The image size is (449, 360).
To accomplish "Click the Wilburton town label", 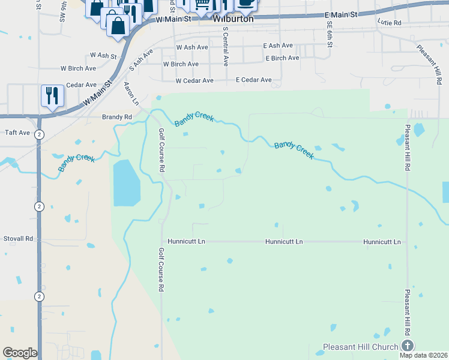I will tap(234, 19).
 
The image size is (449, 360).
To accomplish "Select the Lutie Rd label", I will tap(389, 22).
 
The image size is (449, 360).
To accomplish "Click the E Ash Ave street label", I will tap(278, 46).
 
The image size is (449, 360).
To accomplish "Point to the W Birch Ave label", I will tap(181, 64).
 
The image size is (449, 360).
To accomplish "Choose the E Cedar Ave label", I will tap(253, 80).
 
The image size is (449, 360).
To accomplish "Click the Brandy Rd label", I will tap(116, 117).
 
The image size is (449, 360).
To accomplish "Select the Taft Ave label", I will tap(17, 133).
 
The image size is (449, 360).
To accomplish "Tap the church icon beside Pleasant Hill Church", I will tap(408, 345).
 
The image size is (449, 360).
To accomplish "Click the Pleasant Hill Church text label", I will tap(360, 347).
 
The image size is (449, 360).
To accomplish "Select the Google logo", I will tap(20, 353).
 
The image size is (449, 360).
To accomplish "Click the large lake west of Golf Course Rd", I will tap(126, 182).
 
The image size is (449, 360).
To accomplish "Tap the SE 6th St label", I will tap(330, 35).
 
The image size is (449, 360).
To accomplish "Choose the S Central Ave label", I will tap(226, 46).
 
